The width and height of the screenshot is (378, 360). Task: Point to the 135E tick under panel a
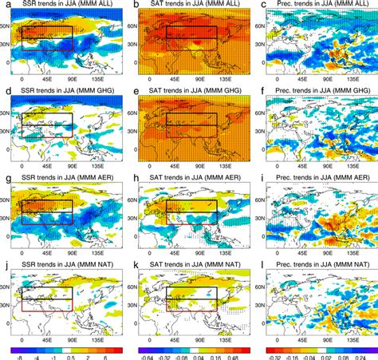(101, 81)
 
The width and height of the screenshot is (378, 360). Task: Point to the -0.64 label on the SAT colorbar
(144, 356)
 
